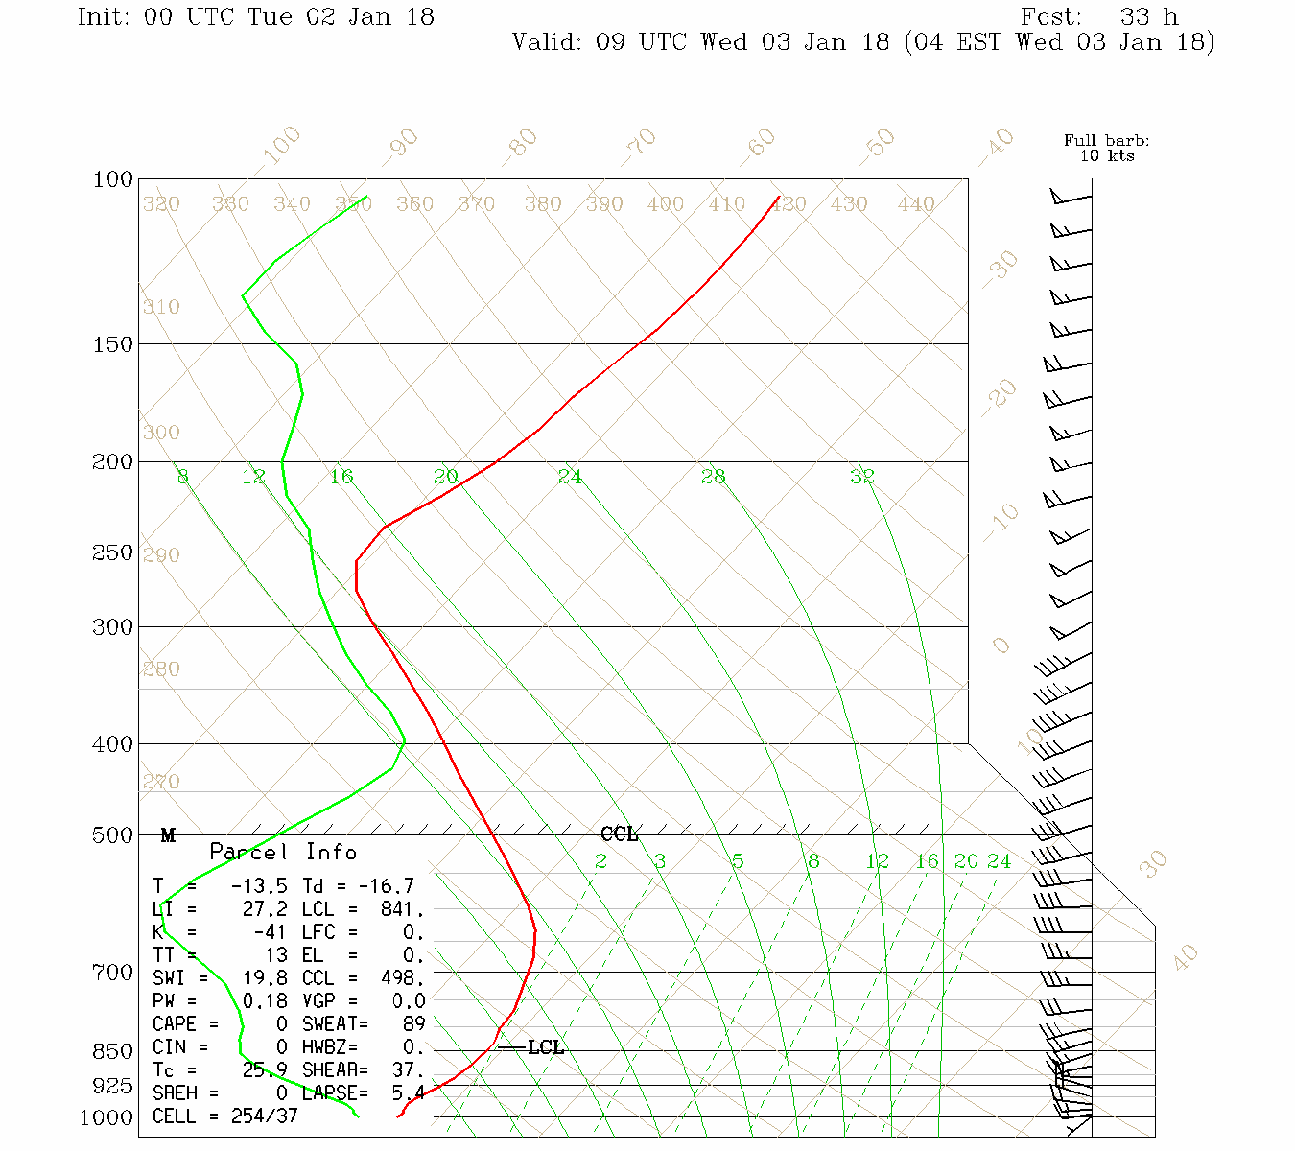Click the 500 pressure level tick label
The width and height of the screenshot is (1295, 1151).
tap(112, 835)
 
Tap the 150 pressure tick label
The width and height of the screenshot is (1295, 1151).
tap(112, 343)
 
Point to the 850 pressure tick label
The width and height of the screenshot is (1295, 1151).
tap(112, 1051)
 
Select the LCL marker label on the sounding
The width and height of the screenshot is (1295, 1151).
tap(546, 1047)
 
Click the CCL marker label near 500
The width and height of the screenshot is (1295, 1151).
tap(619, 834)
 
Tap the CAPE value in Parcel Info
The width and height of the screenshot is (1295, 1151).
tap(281, 1024)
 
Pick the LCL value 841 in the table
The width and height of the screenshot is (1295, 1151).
tap(402, 909)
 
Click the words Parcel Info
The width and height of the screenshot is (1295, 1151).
tap(283, 852)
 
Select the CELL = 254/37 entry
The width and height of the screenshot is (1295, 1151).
tap(225, 1116)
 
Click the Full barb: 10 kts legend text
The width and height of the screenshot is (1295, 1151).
tap(1107, 148)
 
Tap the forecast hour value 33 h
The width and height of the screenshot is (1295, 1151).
tap(1149, 17)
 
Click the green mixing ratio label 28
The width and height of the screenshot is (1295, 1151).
tap(713, 477)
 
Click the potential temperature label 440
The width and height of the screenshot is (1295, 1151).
tap(916, 204)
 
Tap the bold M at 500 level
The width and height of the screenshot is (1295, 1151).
tap(168, 835)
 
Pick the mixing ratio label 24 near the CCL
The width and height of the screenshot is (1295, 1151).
tap(1000, 861)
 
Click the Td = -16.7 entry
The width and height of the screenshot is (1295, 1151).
tap(358, 886)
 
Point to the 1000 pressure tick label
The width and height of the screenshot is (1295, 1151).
tap(106, 1118)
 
